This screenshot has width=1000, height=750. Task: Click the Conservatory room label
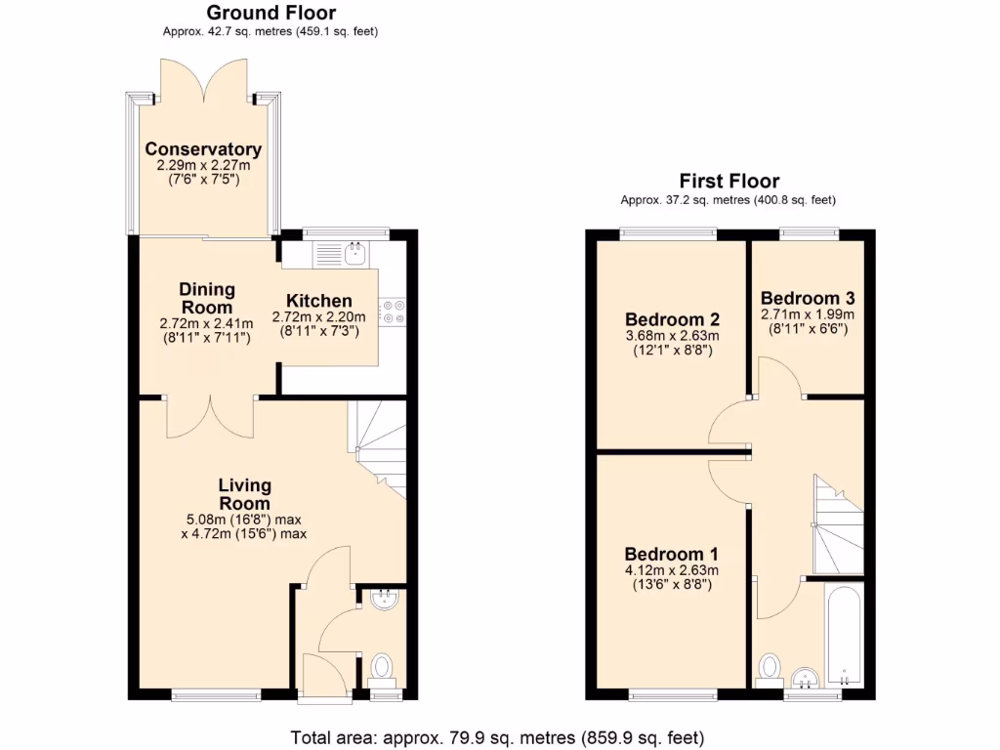coord(203,149)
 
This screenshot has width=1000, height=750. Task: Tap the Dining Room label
coord(206,297)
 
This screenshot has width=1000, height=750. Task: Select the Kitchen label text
coord(318,301)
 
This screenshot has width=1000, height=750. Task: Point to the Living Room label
coord(244,493)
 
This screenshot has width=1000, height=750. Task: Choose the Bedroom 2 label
coord(672,319)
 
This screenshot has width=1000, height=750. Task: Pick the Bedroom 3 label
coord(806,298)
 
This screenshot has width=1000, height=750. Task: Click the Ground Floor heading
coord(271,13)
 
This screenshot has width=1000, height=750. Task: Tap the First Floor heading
coord(729,181)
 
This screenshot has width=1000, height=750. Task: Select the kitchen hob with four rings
coord(396,311)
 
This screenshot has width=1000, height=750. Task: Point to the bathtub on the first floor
coord(842,635)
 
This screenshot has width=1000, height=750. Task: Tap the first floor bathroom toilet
coord(771,668)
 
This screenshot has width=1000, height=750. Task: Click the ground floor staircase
coord(379,444)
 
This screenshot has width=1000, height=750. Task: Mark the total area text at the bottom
coord(497,736)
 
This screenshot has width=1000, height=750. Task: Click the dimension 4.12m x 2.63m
coord(672,571)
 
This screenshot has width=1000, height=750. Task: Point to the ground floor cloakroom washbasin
coord(387,598)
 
